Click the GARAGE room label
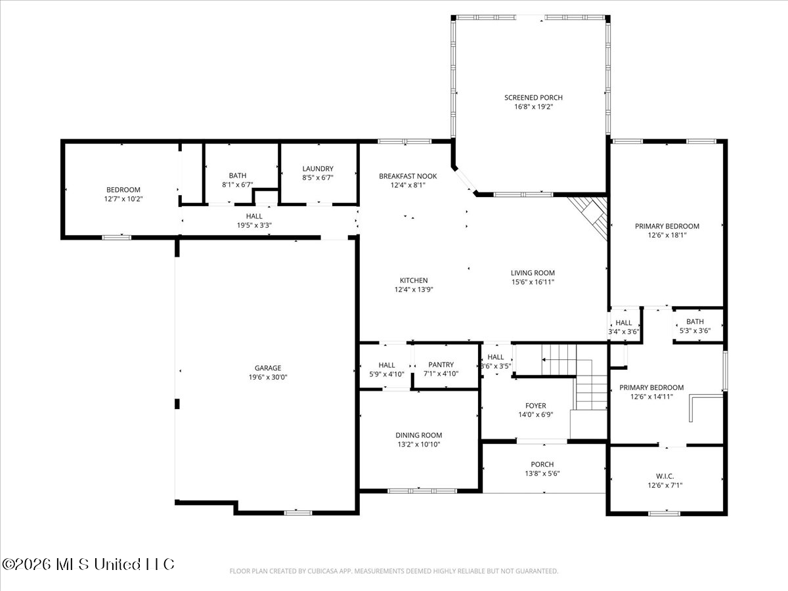click(268, 368)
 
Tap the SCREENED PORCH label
click(533, 98)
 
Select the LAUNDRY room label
click(318, 169)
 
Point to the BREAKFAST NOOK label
click(408, 176)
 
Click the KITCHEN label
click(414, 280)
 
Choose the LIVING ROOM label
click(533, 273)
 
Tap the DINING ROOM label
click(418, 435)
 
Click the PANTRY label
click(441, 364)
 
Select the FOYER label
click(536, 406)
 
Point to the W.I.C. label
click(665, 476)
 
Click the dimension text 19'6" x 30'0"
click(268, 377)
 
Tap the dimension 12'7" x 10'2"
click(123, 199)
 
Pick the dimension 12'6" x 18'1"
click(667, 235)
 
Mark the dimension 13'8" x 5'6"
click(542, 473)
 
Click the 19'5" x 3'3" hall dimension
click(254, 225)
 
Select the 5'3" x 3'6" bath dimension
click(695, 331)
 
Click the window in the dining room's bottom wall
click(422, 491)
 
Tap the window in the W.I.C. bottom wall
click(664, 514)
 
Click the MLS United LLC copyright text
click(88, 565)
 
